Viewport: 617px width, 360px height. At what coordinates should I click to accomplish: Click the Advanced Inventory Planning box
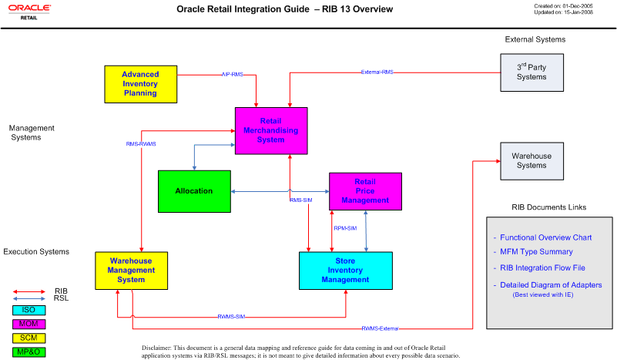pos(139,84)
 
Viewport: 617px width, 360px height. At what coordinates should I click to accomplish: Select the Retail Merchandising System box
pos(271,130)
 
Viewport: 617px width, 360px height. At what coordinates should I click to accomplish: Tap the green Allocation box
pos(194,190)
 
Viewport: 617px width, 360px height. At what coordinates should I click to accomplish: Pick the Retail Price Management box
pos(365,191)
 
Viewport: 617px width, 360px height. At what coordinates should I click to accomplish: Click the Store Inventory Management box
pos(345,271)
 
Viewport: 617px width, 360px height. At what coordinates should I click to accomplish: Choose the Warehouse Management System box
pos(131,271)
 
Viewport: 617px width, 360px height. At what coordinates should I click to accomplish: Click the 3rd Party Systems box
pos(531,72)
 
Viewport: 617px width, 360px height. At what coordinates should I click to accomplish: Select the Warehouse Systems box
pos(531,160)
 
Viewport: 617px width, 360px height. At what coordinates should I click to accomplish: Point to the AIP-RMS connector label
pos(232,75)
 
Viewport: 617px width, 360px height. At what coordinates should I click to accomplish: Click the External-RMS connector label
pos(377,72)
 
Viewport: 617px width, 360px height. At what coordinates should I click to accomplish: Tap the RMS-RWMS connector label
pos(141,143)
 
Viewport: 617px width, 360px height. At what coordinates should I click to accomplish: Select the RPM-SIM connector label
pos(344,228)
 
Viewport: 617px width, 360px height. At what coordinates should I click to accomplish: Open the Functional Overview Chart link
pos(545,237)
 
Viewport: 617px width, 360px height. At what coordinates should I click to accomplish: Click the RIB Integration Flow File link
pos(542,267)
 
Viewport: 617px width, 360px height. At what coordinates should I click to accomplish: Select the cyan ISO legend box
pos(29,309)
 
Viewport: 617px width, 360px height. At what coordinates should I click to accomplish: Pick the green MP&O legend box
pos(29,352)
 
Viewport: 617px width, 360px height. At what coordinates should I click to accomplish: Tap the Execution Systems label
pos(36,252)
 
